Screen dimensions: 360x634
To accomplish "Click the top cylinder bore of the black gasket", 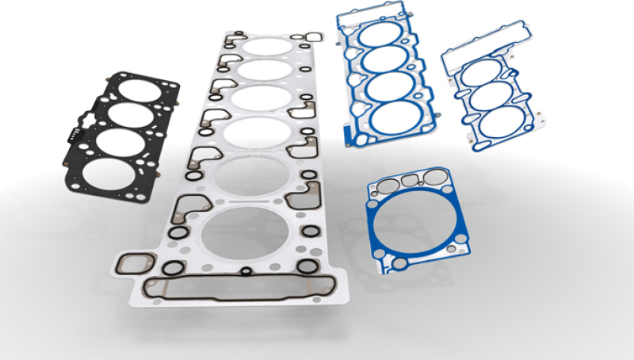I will (140, 88).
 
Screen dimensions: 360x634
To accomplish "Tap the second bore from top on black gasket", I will (128, 113).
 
